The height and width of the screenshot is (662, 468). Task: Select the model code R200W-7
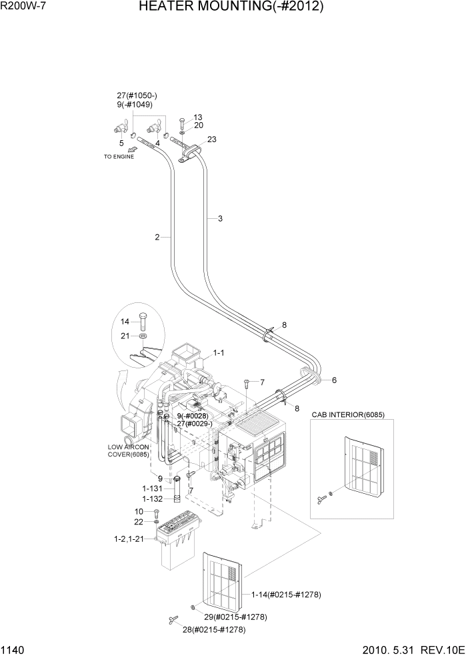pos(23,7)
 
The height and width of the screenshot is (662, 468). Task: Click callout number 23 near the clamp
pos(212,139)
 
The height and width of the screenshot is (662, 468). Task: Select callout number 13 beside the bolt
pos(198,117)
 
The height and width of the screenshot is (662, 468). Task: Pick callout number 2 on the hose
pos(157,237)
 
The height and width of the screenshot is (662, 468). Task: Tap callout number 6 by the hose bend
pos(334,380)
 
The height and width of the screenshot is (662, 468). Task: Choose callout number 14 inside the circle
pos(124,321)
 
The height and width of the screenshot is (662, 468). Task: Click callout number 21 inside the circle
pos(124,336)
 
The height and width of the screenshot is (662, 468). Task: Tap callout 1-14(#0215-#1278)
pos(286,594)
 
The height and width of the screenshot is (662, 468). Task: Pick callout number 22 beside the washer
pos(139,521)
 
